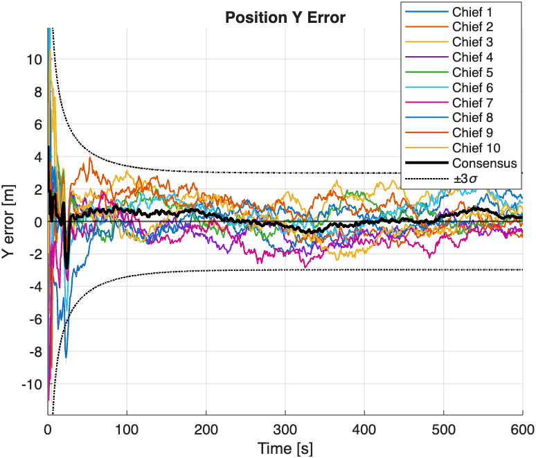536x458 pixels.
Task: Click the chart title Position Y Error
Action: [285, 18]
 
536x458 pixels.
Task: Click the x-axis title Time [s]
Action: [285, 448]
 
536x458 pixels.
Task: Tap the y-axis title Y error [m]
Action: [10, 222]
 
